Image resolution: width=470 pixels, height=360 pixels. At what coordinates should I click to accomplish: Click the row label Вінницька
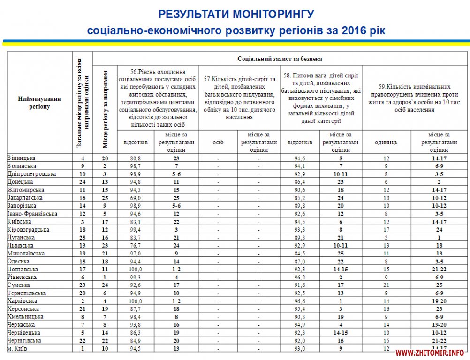(x=21, y=158)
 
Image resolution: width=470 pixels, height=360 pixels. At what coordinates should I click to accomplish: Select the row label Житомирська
(x=26, y=190)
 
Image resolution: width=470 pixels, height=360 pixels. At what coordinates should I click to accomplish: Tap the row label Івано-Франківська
(x=32, y=214)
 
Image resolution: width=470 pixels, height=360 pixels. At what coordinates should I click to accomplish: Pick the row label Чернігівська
(x=24, y=340)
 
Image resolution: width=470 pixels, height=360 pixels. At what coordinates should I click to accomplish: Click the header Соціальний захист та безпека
(x=280, y=59)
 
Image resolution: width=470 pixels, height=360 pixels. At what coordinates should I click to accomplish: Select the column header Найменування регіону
(x=39, y=103)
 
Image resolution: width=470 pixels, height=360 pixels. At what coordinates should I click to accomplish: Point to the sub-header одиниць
(x=387, y=142)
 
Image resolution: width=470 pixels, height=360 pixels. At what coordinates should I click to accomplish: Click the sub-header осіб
(x=218, y=142)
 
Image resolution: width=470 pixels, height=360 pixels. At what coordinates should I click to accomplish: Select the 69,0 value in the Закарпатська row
(x=135, y=198)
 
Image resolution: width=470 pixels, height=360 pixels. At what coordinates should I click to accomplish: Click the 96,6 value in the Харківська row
(x=299, y=301)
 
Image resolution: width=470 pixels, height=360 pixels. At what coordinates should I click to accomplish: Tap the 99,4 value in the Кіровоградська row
(x=135, y=230)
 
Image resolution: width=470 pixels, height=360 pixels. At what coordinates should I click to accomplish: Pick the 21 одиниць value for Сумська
(x=387, y=285)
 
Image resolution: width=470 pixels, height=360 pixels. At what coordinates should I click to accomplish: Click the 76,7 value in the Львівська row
(x=135, y=246)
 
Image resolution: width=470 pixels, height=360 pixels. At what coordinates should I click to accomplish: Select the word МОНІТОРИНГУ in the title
(x=267, y=14)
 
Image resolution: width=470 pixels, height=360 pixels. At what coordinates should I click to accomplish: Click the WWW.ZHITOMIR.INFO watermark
(x=430, y=352)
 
